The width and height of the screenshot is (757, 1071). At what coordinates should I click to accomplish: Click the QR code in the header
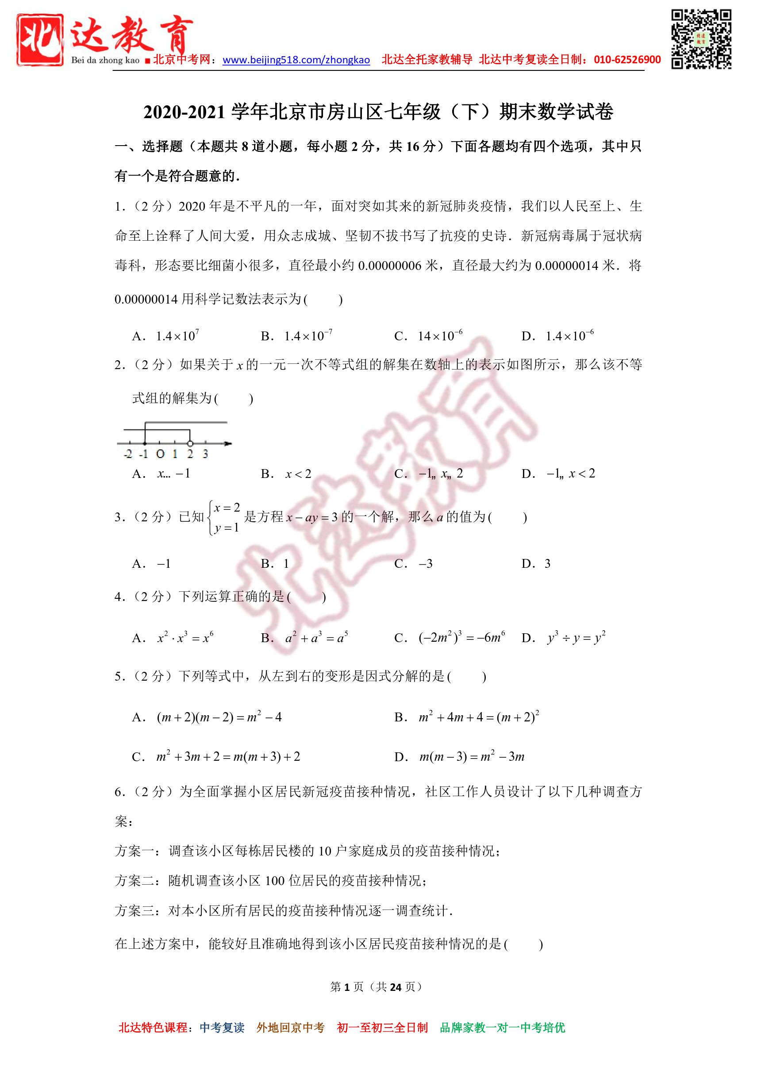click(x=700, y=39)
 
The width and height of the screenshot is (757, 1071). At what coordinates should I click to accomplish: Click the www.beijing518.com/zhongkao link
click(x=296, y=60)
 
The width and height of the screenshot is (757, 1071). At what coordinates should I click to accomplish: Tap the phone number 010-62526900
click(x=627, y=60)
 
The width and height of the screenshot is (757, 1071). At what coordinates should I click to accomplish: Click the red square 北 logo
click(x=40, y=40)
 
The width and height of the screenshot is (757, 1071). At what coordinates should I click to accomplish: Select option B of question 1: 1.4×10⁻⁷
click(x=307, y=336)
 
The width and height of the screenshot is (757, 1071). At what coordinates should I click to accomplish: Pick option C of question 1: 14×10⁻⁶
click(x=439, y=336)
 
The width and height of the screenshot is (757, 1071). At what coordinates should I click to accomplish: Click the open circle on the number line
click(x=190, y=443)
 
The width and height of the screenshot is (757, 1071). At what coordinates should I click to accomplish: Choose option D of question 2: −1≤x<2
click(x=570, y=474)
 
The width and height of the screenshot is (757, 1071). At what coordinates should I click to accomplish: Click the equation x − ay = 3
click(x=311, y=517)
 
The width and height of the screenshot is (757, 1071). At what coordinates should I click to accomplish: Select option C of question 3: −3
click(x=425, y=563)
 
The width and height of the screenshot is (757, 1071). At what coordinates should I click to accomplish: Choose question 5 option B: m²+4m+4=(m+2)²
click(x=479, y=717)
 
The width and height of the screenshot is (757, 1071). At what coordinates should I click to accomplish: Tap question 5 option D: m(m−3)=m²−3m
click(x=471, y=757)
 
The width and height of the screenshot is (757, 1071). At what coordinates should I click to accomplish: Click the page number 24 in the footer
click(x=396, y=986)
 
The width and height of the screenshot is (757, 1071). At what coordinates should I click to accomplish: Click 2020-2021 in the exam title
click(x=184, y=112)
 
